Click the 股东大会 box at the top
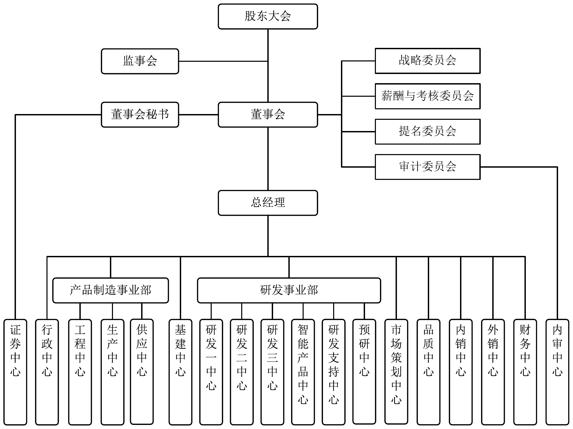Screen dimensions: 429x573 (x=268, y=16)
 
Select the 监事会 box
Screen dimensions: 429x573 (x=140, y=61)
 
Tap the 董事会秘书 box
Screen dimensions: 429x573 (x=140, y=115)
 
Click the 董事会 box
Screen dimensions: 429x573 (x=268, y=115)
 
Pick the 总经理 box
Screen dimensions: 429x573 (x=268, y=203)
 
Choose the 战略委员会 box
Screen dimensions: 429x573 (x=427, y=61)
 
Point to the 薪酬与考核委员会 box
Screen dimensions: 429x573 (x=427, y=96)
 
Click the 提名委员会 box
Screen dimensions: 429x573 (x=427, y=131)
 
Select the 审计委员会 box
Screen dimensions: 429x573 (x=427, y=167)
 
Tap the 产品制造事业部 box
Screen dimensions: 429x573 (x=111, y=290)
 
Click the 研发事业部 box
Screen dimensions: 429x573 (x=289, y=290)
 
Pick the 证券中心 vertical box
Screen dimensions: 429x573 (x=15, y=372)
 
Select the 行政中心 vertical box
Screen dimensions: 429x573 (x=47, y=372)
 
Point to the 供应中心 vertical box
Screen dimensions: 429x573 (x=142, y=372)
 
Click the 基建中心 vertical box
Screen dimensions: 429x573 (x=180, y=372)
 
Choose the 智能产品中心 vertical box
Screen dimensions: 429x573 (x=303, y=372)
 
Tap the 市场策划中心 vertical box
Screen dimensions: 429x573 (x=396, y=372)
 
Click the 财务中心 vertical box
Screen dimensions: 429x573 (x=525, y=372)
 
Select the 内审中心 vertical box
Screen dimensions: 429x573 (x=557, y=372)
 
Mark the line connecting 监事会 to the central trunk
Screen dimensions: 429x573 (x=223, y=61)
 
